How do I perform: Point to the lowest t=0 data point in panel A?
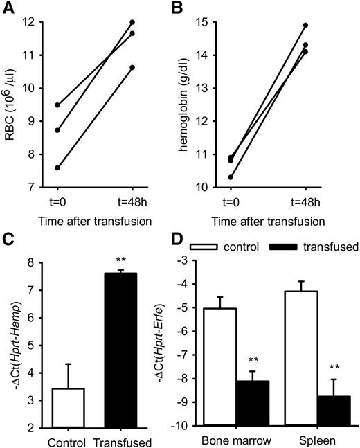(x=57, y=168)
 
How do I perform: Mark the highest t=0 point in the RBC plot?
(x=57, y=105)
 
